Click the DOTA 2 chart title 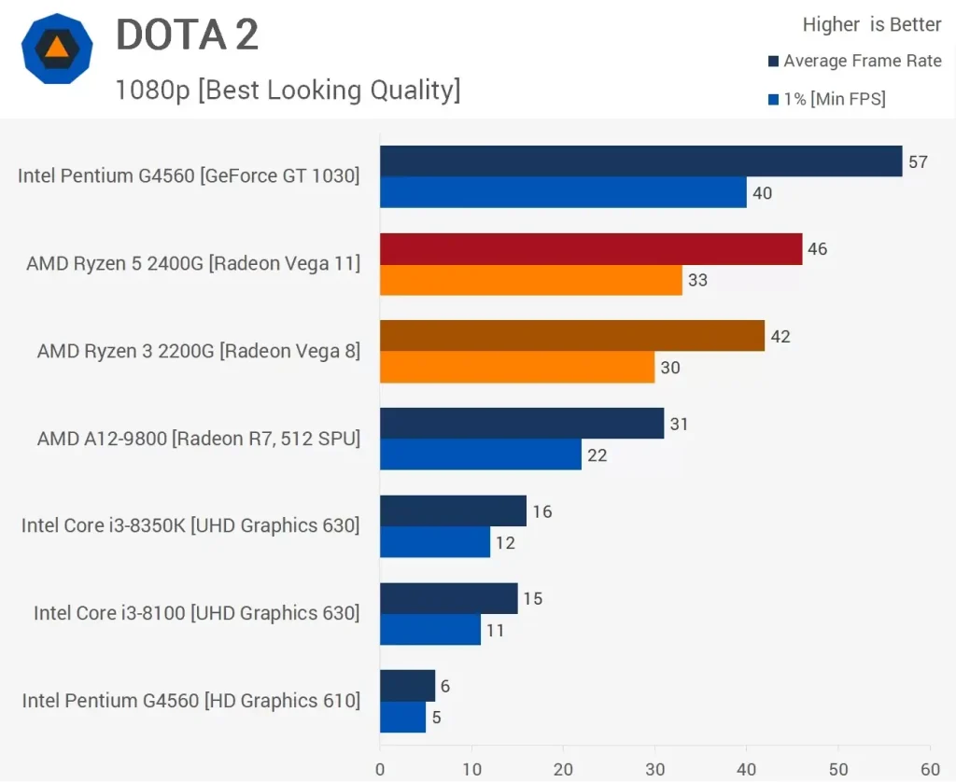click(x=187, y=35)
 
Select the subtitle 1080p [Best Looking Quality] click(x=288, y=90)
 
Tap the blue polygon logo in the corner click(x=57, y=49)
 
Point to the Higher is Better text click(x=872, y=25)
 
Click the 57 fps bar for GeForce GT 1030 click(x=640, y=161)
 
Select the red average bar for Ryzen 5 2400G click(x=590, y=249)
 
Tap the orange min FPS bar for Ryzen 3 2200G click(x=517, y=368)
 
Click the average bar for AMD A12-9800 click(x=521, y=424)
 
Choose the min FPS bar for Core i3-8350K click(x=434, y=542)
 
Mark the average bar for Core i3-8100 click(x=448, y=598)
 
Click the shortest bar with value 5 click(x=402, y=717)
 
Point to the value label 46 click(x=818, y=249)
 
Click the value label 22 click(x=597, y=455)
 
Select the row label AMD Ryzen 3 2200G click(x=198, y=351)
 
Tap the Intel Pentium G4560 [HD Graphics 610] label click(x=191, y=700)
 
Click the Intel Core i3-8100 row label click(x=196, y=613)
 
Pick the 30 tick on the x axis click(x=654, y=769)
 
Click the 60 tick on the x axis click(x=929, y=769)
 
